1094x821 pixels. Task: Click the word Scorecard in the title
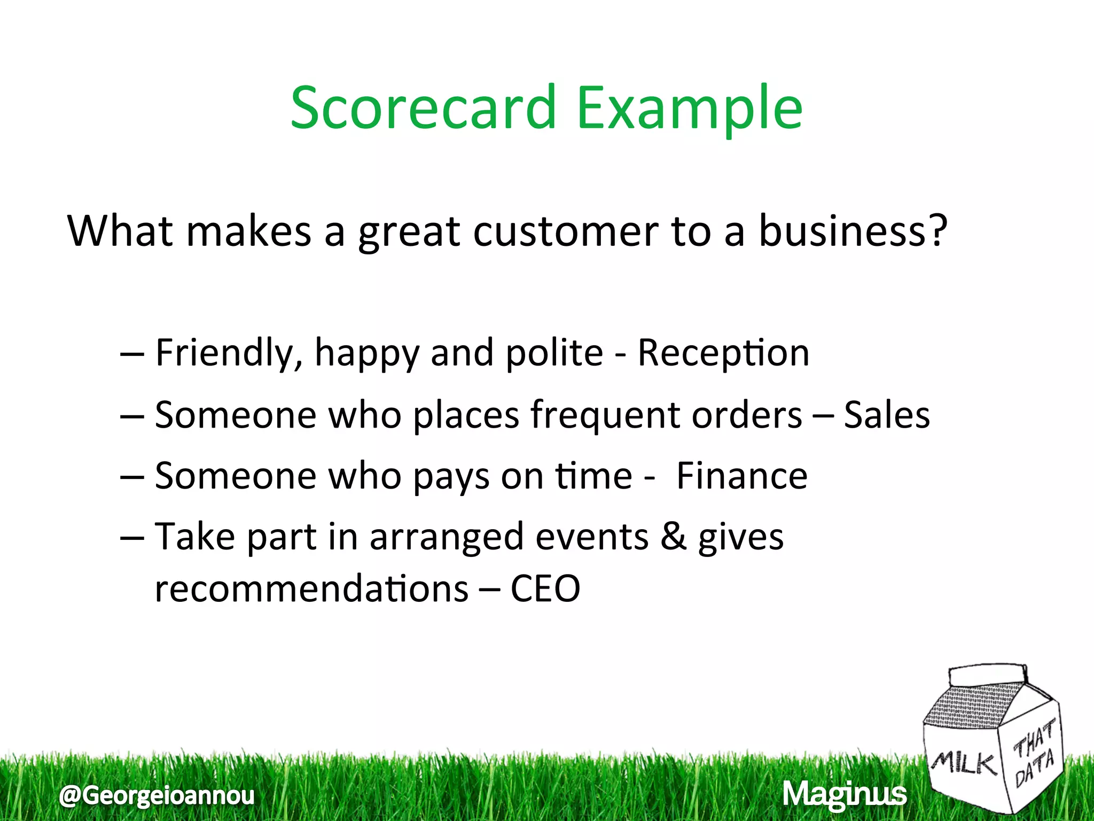pos(423,109)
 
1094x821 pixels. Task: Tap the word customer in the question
pos(565,231)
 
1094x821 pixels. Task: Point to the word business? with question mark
pos(853,231)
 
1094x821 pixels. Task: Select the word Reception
pos(723,353)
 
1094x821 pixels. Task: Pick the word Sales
pos(887,415)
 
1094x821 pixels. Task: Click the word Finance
pos(741,476)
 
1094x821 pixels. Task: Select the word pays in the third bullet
pos(451,477)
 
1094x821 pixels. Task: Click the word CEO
pos(545,589)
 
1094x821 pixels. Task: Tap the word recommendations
pos(311,589)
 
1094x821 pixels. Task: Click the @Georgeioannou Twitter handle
pos(157,795)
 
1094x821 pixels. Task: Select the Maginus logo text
pos(844,794)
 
